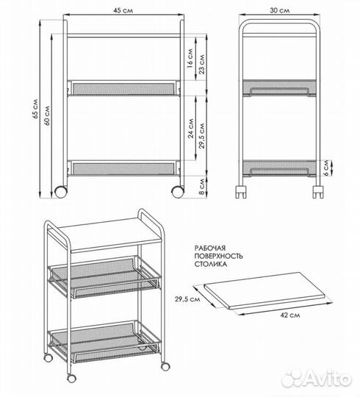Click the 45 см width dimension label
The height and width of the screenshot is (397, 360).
tap(123, 10)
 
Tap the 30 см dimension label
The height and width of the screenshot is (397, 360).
tap(279, 10)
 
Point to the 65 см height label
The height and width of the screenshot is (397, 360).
tap(35, 109)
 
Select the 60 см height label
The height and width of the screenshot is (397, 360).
tap(47, 115)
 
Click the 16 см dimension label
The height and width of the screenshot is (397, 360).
tap(190, 59)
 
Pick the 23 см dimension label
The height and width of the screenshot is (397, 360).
tap(202, 64)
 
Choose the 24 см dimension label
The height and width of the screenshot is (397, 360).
tap(191, 129)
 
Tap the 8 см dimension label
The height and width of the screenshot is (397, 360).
tap(202, 187)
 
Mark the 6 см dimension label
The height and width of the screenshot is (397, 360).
tap(326, 168)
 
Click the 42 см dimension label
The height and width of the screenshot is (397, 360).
tap(290, 315)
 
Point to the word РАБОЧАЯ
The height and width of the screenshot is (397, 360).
tap(210, 248)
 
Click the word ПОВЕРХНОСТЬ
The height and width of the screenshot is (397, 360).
tap(219, 256)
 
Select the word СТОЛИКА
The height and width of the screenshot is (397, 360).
tap(210, 264)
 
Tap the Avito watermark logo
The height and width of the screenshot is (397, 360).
tap(317, 379)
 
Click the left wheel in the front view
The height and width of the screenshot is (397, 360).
tap(61, 192)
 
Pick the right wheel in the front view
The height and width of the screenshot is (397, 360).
tap(178, 192)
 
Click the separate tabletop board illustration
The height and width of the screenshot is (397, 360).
tap(264, 290)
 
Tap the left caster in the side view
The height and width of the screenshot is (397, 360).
tap(241, 192)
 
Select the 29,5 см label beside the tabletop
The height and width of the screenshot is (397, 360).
tap(187, 299)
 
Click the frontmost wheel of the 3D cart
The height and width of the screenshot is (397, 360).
tap(71, 379)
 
